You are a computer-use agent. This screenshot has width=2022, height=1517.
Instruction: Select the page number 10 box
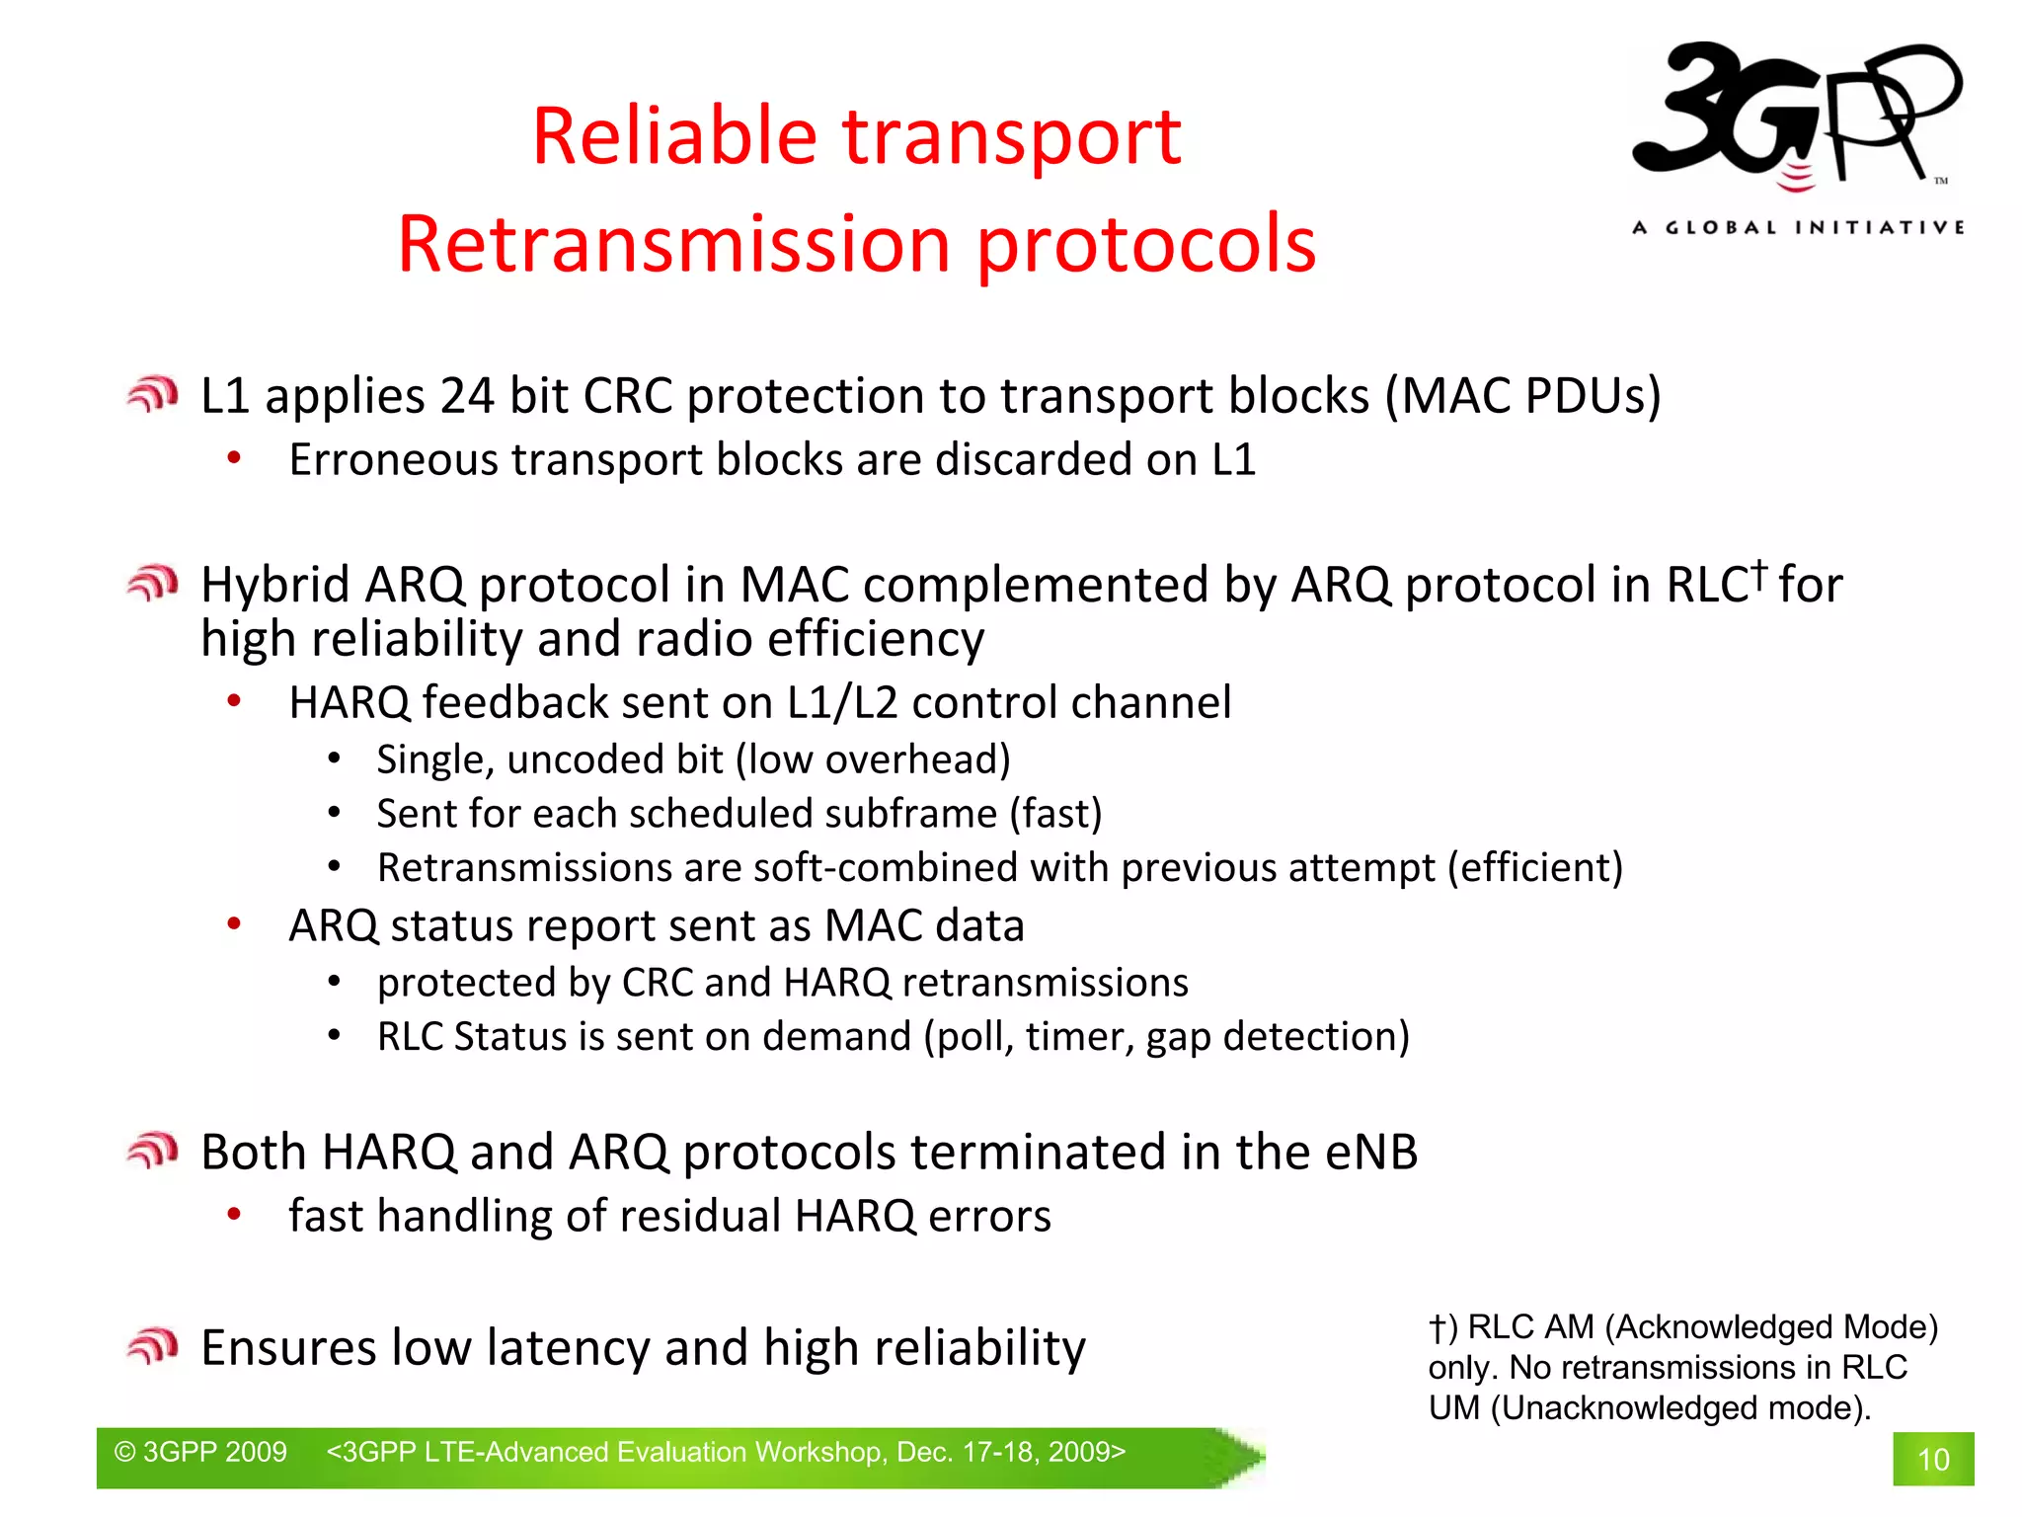click(1932, 1459)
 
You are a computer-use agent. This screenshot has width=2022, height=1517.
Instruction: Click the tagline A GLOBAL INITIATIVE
click(1798, 228)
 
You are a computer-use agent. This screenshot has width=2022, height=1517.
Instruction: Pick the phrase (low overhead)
click(873, 759)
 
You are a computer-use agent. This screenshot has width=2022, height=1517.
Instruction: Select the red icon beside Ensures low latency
click(152, 1346)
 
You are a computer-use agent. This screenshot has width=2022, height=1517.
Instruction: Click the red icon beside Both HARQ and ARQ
click(152, 1151)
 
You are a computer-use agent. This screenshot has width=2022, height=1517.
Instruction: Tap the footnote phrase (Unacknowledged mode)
click(1679, 1407)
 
